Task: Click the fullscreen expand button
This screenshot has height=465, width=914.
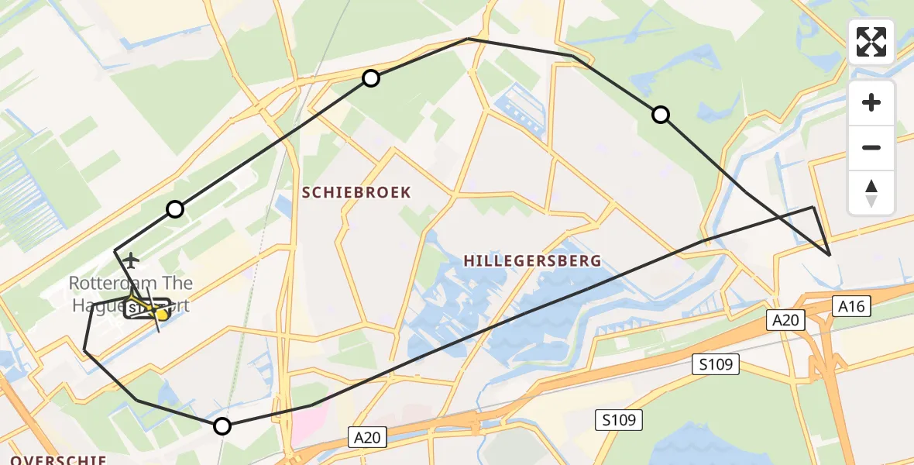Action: click(x=871, y=42)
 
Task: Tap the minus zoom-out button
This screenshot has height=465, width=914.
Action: click(x=871, y=147)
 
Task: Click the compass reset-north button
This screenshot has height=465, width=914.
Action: click(x=871, y=193)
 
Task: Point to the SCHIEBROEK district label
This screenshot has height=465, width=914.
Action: click(x=356, y=192)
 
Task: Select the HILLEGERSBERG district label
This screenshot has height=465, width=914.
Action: click(x=532, y=260)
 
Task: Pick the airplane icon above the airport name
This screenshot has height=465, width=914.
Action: click(x=132, y=259)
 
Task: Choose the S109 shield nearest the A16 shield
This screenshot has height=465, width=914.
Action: click(x=716, y=364)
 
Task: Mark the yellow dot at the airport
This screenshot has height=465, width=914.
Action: click(x=162, y=314)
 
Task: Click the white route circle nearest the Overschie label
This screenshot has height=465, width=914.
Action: click(x=222, y=425)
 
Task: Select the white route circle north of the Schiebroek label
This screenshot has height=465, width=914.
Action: click(x=371, y=78)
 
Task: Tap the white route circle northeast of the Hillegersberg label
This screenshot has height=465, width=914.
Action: click(x=660, y=115)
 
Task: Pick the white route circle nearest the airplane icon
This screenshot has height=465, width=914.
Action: click(x=175, y=209)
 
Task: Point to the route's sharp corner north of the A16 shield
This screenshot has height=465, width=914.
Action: click(x=830, y=255)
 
